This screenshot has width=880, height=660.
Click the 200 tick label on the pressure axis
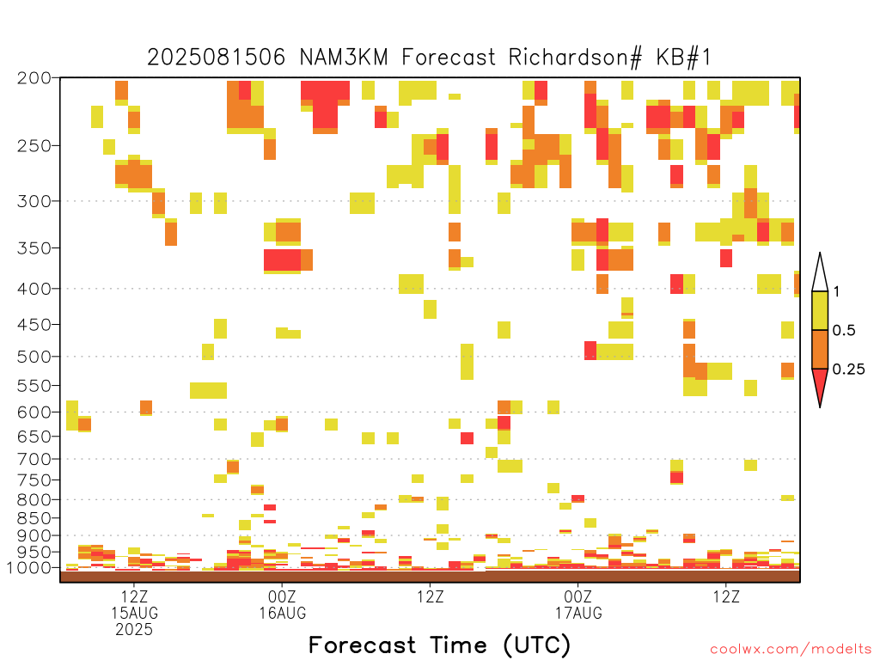34,78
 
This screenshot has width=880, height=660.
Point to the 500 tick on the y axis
34,357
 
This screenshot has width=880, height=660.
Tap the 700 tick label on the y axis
34,459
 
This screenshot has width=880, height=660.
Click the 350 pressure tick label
34,247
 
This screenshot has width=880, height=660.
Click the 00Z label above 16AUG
282,596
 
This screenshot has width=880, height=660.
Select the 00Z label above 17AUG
578,596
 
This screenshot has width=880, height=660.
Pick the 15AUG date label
134,613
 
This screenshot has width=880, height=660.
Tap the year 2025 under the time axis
134,630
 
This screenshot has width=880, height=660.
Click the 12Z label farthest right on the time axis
726,596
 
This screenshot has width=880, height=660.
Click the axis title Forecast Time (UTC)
439,645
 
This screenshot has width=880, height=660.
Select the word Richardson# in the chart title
575,58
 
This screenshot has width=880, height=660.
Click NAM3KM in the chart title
344,58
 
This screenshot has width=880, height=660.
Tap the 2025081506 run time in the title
216,58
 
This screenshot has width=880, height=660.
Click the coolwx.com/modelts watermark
791,650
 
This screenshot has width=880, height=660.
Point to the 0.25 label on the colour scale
848,370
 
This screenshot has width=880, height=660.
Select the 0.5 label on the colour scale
844,331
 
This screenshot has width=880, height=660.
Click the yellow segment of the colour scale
820,310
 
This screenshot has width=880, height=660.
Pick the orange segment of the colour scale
820,349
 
